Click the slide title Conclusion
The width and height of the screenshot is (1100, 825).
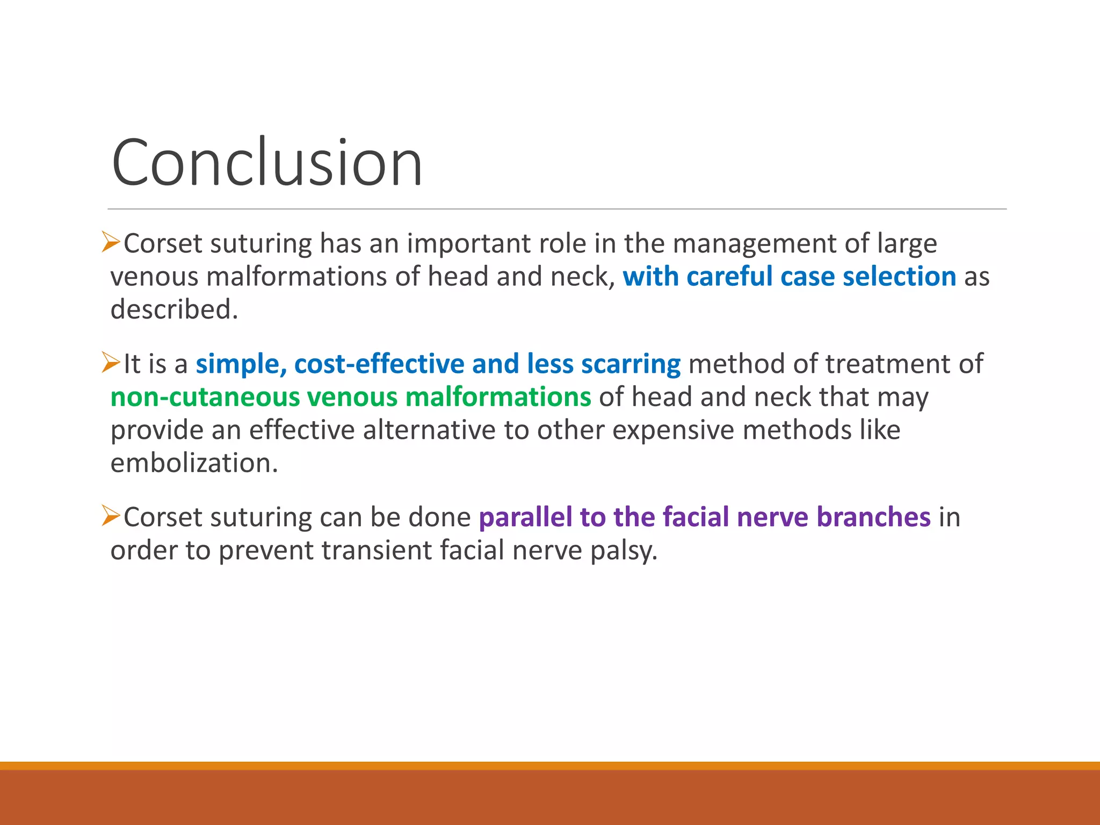click(267, 163)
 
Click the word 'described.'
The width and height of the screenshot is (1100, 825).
click(174, 310)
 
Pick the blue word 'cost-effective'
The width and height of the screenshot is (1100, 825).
click(379, 364)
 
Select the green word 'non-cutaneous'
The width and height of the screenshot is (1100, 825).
click(205, 397)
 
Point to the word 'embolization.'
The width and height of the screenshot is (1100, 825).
click(194, 463)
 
